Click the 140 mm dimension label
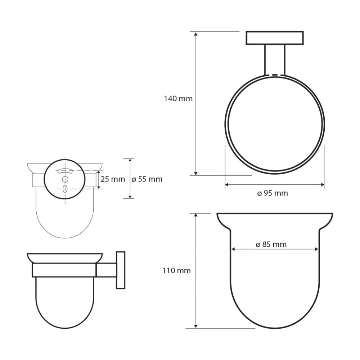(178, 99)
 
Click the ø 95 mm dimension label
(273, 193)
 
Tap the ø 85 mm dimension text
(271, 244)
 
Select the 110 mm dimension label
(176, 271)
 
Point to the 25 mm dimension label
(113, 179)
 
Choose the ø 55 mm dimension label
(147, 179)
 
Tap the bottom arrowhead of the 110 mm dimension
(195, 326)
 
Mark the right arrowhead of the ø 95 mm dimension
(322, 185)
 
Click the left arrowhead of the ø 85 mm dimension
(234, 249)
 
